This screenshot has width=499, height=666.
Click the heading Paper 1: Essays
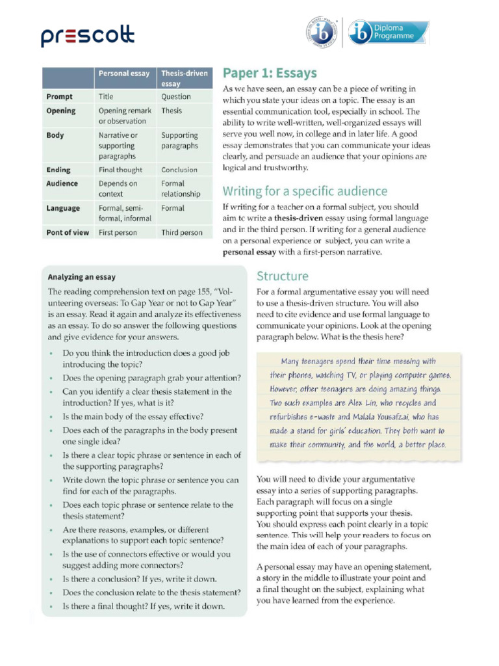[270, 72]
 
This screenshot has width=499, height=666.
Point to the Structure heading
[283, 276]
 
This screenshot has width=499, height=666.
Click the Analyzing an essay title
[82, 277]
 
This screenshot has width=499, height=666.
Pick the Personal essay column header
[123, 73]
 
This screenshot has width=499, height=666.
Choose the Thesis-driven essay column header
[185, 79]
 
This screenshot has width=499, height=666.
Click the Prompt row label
[60, 96]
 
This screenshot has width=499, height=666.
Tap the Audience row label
[62, 183]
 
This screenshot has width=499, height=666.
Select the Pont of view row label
[68, 232]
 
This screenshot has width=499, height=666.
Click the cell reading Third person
[182, 232]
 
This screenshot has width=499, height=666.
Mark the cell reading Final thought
[120, 170]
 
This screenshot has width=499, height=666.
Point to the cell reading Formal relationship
[181, 189]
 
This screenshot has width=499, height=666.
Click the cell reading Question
[176, 96]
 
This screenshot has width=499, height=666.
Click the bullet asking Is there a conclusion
[140, 579]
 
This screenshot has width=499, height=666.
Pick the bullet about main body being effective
[133, 416]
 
